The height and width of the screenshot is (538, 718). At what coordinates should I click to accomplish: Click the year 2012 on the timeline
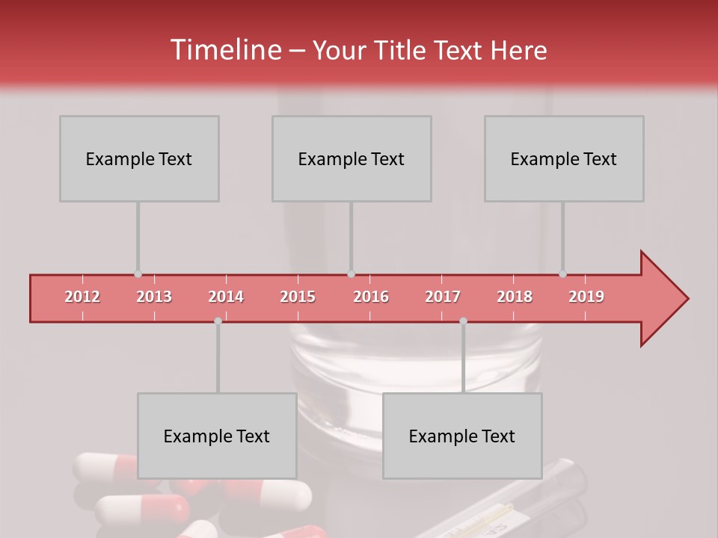[82, 297]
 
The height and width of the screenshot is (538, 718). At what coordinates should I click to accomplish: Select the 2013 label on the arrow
[154, 297]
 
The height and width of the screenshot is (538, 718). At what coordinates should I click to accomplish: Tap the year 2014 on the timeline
[226, 297]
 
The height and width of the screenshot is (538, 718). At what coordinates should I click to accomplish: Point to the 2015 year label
[298, 297]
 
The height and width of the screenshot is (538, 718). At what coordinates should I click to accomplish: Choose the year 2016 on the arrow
[371, 297]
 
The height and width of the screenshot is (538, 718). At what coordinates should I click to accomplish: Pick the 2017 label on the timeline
[443, 297]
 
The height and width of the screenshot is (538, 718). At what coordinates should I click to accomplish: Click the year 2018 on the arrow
[515, 297]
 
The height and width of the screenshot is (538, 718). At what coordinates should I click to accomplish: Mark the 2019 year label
[586, 297]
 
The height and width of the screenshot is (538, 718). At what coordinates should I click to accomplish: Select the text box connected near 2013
[139, 158]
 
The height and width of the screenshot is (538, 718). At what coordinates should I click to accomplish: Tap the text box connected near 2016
[352, 158]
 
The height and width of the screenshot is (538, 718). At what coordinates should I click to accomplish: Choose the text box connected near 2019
[564, 158]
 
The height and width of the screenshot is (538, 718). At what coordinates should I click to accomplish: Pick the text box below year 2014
[217, 436]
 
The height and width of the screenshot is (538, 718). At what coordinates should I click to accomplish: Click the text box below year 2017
[462, 436]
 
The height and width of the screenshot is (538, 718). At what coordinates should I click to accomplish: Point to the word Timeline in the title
[224, 50]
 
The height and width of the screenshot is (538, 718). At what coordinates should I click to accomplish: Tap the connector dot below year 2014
[218, 321]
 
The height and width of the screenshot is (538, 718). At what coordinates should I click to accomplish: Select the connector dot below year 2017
[463, 321]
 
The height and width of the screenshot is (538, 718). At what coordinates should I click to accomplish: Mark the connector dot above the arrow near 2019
[562, 274]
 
